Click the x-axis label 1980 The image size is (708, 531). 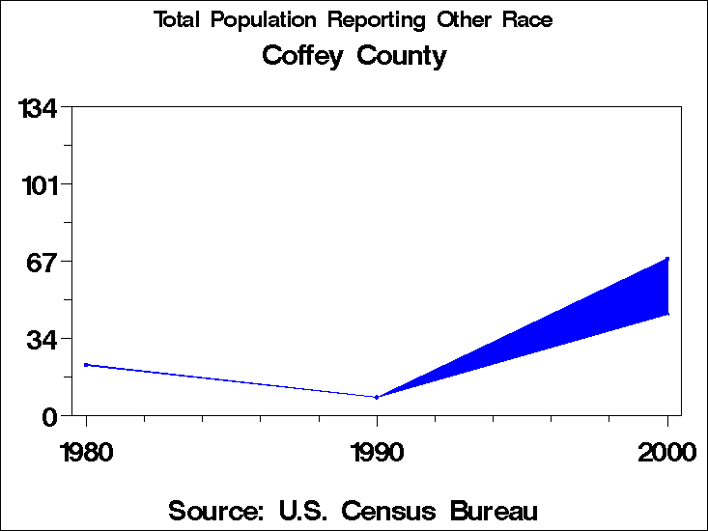(86, 452)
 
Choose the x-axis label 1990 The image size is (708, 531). (377, 452)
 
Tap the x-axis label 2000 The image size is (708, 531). (666, 452)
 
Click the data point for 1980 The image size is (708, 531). (86, 365)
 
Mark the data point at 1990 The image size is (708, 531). (377, 397)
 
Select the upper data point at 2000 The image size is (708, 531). (667, 259)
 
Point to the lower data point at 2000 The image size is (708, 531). (667, 313)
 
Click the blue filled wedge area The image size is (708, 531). (580, 319)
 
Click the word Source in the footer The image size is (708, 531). (216, 510)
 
